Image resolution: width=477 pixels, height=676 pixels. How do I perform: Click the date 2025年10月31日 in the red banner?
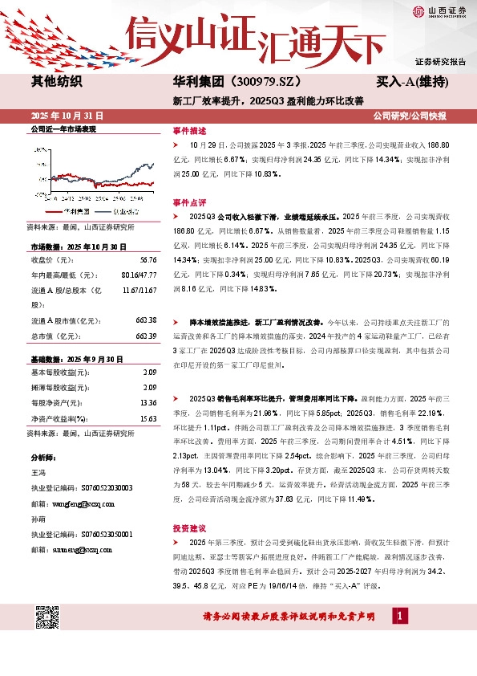point(67,116)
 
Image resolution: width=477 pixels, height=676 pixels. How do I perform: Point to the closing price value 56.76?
point(148,259)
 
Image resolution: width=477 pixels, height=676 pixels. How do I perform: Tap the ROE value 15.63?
point(148,418)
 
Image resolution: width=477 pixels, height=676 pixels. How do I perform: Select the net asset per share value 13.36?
point(148,404)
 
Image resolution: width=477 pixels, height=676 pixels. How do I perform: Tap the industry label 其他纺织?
point(56,81)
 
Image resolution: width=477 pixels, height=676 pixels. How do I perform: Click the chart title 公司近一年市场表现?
point(63,128)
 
